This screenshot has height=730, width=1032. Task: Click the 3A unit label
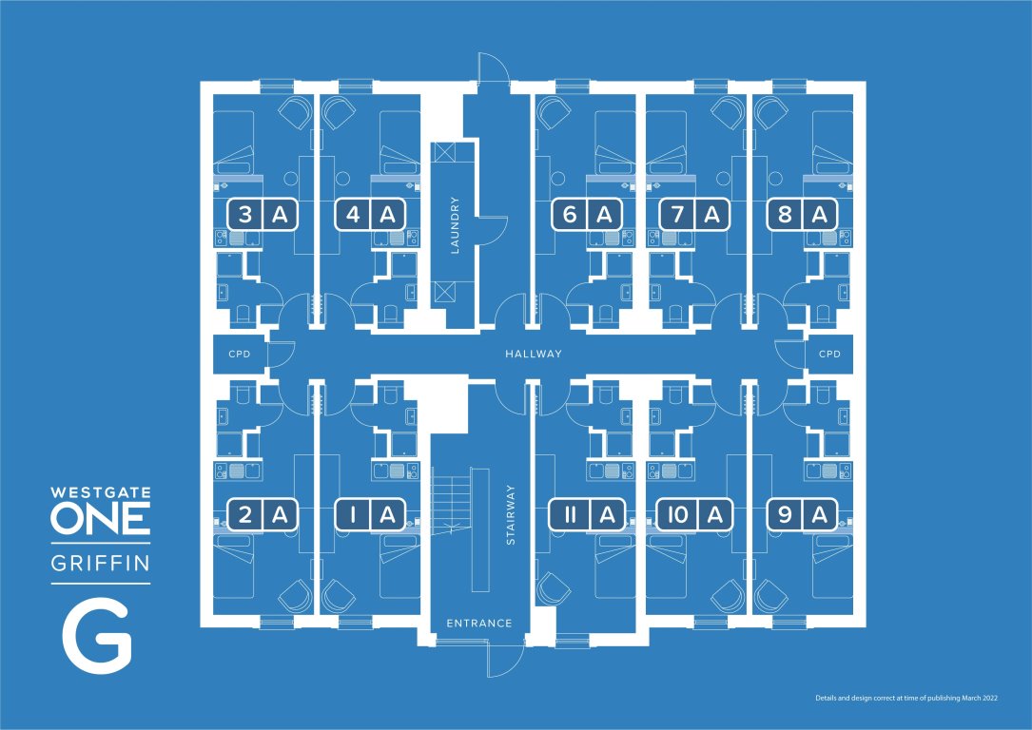pyautogui.click(x=263, y=215)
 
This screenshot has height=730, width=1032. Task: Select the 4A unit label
pyautogui.click(x=370, y=215)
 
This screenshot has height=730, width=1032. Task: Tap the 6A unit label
pyautogui.click(x=587, y=215)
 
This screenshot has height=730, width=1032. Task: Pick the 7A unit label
pyautogui.click(x=695, y=215)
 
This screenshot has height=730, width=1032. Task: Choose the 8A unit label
pyautogui.click(x=803, y=215)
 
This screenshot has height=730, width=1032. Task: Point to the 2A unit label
pyautogui.click(x=263, y=514)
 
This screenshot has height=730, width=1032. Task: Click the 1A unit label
pyautogui.click(x=370, y=514)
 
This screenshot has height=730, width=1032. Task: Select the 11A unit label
pyautogui.click(x=587, y=514)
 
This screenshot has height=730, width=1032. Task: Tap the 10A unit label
pyautogui.click(x=695, y=514)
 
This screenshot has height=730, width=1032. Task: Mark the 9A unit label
pyautogui.click(x=803, y=514)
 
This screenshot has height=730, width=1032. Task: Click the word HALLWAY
pyautogui.click(x=534, y=354)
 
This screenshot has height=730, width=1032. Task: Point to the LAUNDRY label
pyautogui.click(x=454, y=225)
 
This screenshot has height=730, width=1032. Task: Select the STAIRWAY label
pyautogui.click(x=510, y=515)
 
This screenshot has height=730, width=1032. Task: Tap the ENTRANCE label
pyautogui.click(x=479, y=623)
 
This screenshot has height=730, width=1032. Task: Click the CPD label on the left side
pyautogui.click(x=240, y=354)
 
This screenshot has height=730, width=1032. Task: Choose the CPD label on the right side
pyautogui.click(x=830, y=354)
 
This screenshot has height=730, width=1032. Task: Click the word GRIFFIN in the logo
pyautogui.click(x=101, y=564)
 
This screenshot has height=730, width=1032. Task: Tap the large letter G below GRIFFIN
pyautogui.click(x=97, y=640)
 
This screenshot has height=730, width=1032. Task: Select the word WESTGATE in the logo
pyautogui.click(x=101, y=492)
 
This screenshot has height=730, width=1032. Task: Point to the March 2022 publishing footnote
pyautogui.click(x=907, y=698)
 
